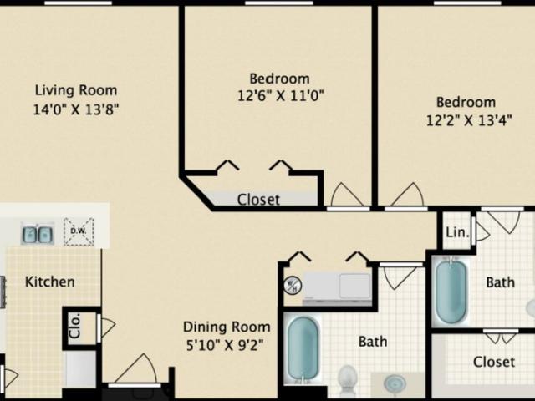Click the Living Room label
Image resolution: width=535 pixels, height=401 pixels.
[x=75, y=90]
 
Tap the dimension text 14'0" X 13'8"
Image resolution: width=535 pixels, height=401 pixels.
[x=75, y=109]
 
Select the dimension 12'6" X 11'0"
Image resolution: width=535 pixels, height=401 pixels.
[x=279, y=95]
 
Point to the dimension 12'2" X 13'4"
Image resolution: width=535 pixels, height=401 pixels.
[x=466, y=119]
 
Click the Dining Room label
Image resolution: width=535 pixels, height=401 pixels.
[x=227, y=327]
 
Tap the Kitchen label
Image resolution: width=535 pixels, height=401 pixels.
[x=49, y=282]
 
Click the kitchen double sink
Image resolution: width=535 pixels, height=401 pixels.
[x=38, y=233]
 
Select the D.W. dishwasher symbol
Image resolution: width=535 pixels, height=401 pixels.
[x=79, y=231]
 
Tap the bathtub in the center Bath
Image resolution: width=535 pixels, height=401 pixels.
[x=303, y=350]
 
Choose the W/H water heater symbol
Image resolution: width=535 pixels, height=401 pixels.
[x=292, y=285]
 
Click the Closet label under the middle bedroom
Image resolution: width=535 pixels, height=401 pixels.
[x=258, y=200]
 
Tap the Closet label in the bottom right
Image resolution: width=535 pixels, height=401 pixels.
[x=493, y=362]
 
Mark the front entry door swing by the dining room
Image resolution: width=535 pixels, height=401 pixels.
[x=136, y=370]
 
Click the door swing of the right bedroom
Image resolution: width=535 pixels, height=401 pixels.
[x=407, y=195]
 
